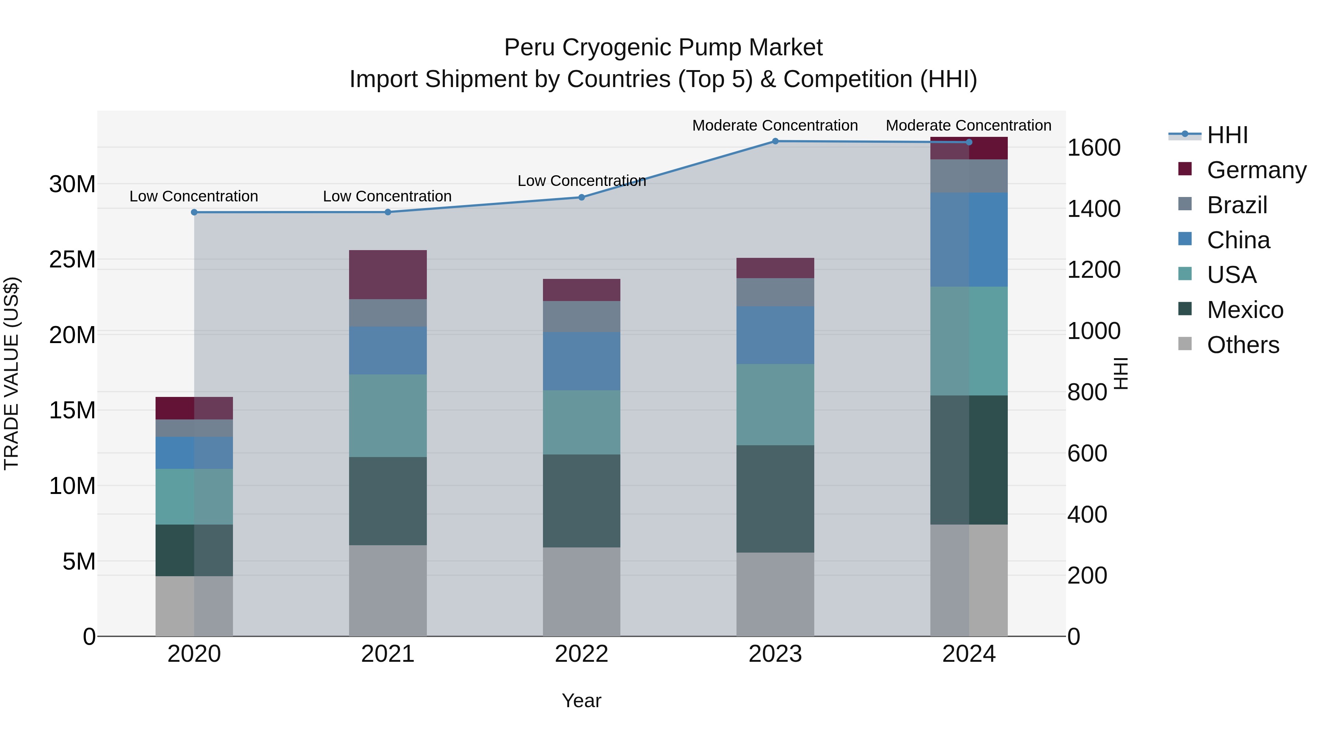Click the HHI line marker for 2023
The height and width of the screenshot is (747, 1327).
click(775, 141)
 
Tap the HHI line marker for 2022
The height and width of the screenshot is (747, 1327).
click(582, 197)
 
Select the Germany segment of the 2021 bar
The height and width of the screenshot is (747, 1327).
click(388, 275)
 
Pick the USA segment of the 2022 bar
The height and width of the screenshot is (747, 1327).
click(582, 422)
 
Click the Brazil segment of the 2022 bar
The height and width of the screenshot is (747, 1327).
click(582, 317)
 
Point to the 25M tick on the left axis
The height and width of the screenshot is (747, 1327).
click(72, 259)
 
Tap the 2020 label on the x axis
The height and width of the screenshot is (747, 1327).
click(194, 654)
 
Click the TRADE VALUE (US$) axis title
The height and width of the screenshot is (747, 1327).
click(11, 373)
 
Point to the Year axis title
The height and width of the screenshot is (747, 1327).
click(582, 701)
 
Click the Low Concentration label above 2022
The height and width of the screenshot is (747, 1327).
click(582, 181)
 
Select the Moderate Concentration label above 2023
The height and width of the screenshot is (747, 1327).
click(775, 125)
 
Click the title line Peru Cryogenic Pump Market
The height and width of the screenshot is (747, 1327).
click(663, 48)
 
